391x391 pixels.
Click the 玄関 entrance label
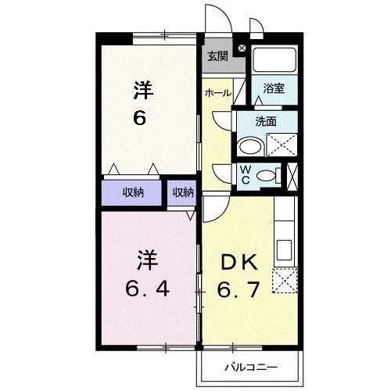pyautogui.click(x=217, y=56)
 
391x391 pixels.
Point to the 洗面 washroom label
pyautogui.click(x=267, y=122)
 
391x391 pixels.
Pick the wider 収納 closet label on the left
pyautogui.click(x=132, y=192)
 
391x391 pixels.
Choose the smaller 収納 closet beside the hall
pyautogui.click(x=183, y=192)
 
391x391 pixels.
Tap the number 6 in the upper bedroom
pyautogui.click(x=142, y=120)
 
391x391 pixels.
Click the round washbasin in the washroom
pyautogui.click(x=250, y=147)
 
